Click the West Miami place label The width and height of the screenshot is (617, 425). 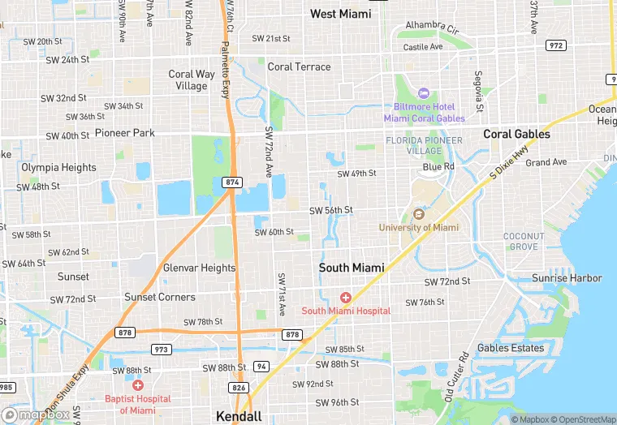[x=340, y=14]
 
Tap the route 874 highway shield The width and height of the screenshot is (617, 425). [x=233, y=182]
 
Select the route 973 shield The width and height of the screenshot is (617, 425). [x=161, y=349]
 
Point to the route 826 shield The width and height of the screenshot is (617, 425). [x=238, y=388]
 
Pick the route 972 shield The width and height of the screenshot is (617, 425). [x=556, y=45]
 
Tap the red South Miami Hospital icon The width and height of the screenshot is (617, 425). [x=346, y=298]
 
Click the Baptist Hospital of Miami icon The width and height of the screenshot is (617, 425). [x=138, y=385]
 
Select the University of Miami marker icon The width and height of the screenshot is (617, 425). [x=418, y=215]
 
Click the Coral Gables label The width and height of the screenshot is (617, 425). [x=516, y=134]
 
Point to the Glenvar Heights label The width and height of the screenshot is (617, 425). [x=199, y=268]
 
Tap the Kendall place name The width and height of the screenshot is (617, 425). [x=239, y=416]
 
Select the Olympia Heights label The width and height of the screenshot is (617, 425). [x=58, y=167]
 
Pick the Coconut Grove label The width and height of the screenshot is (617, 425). [x=524, y=241]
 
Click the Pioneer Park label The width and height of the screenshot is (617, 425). [x=124, y=132]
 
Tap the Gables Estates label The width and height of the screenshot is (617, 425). [x=511, y=348]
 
